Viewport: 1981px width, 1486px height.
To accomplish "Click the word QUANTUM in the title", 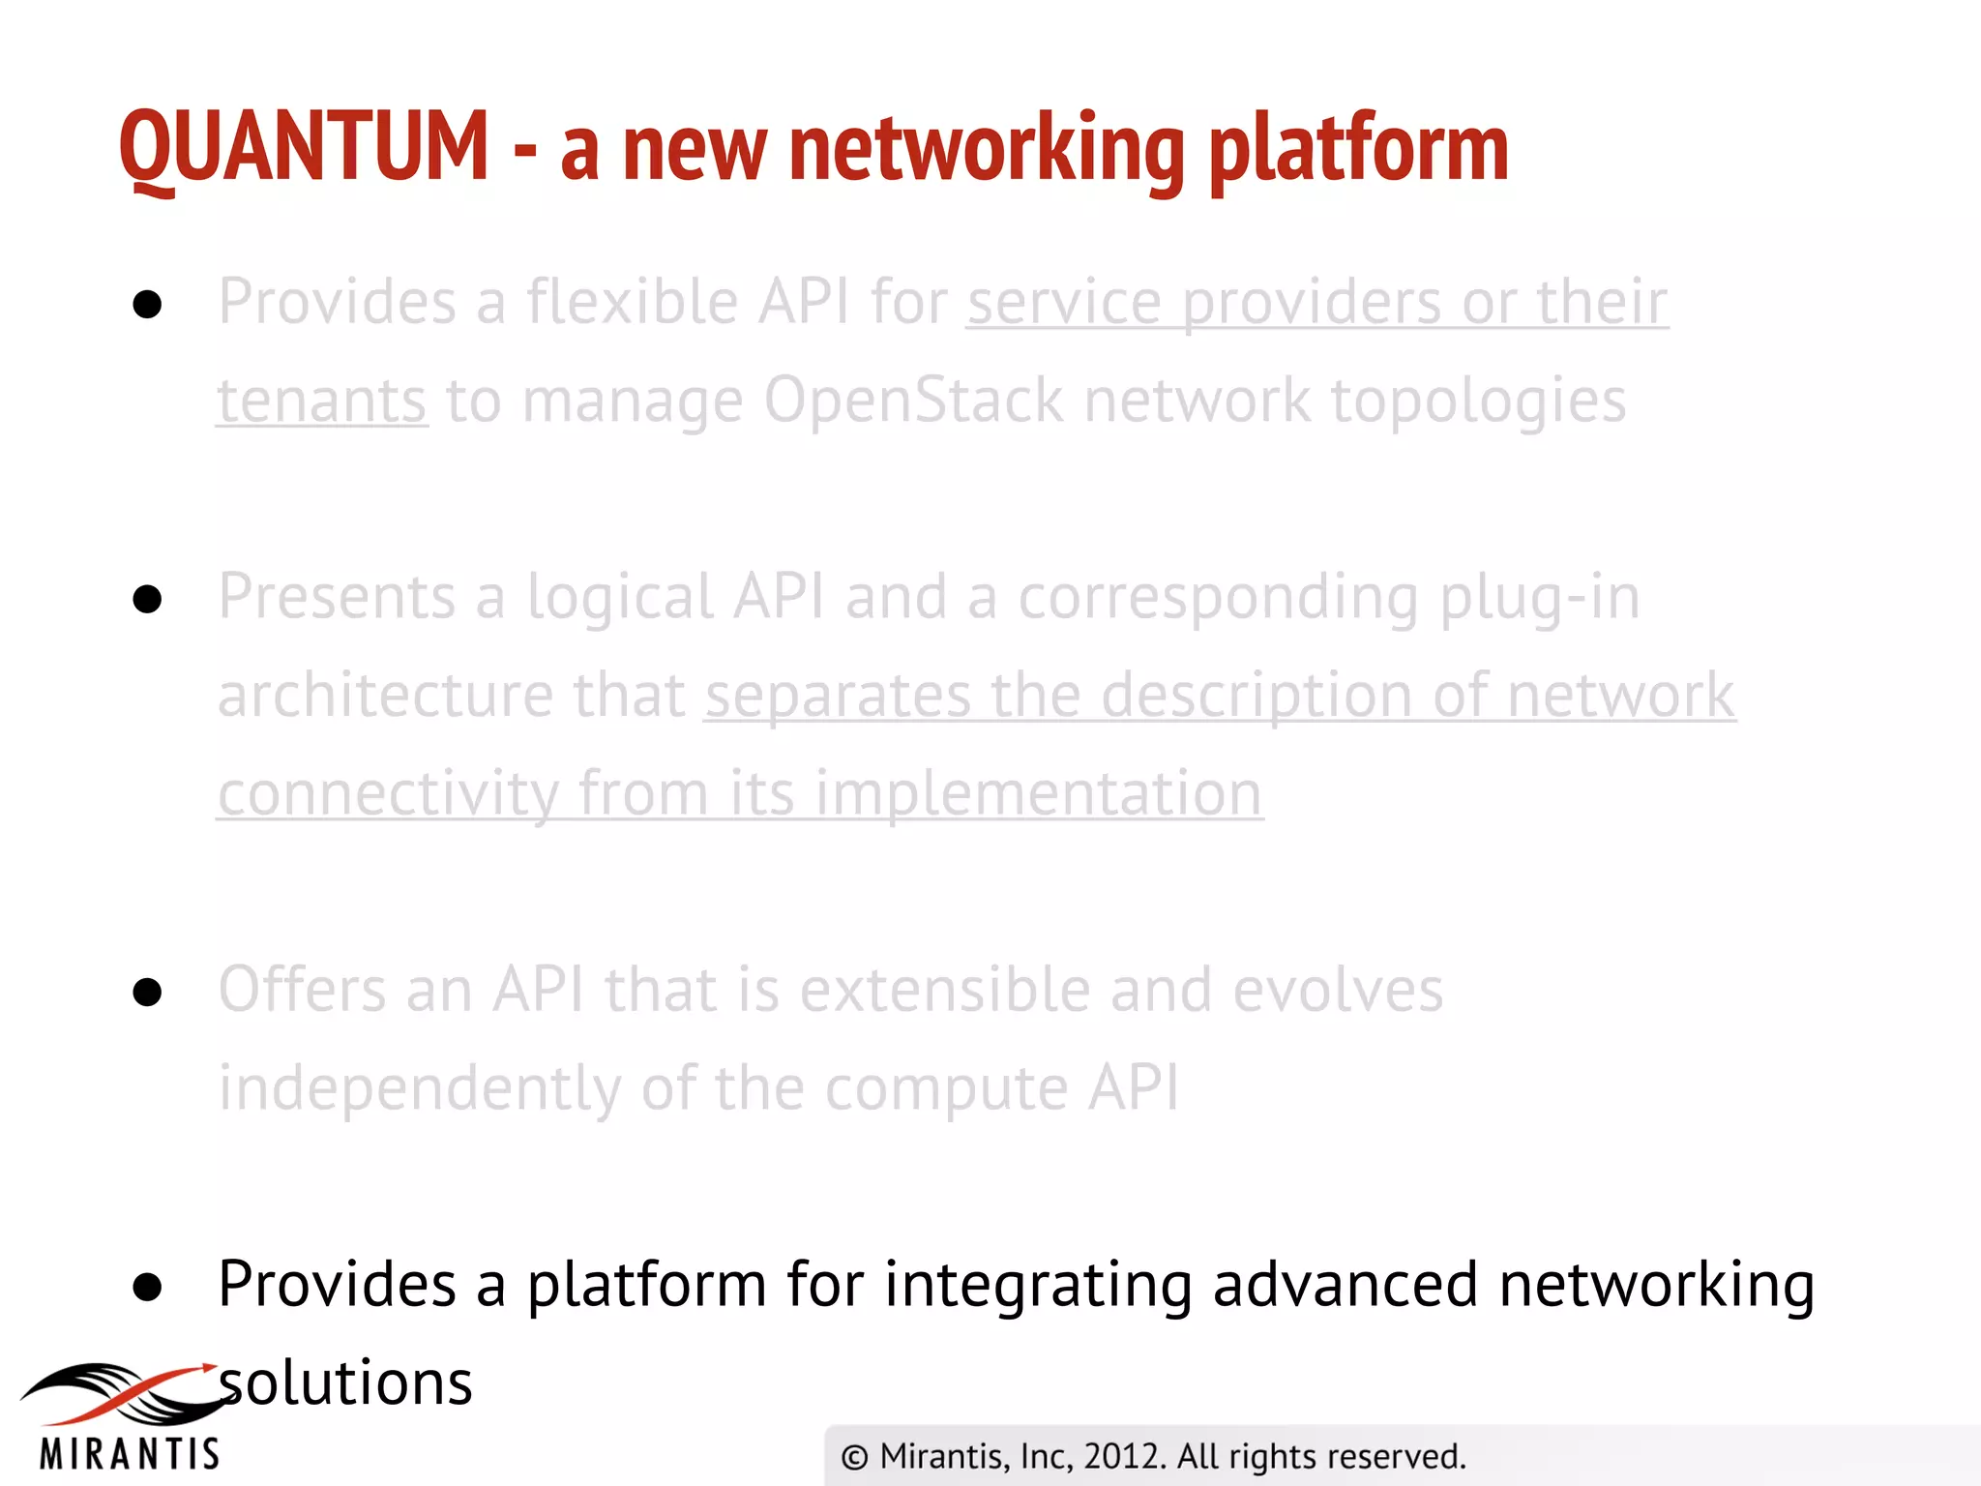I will (304, 147).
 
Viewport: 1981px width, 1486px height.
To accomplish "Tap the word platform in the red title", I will (1358, 150).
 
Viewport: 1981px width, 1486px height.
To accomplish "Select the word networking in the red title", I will (987, 150).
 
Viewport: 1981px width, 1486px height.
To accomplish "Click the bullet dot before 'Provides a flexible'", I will (147, 305).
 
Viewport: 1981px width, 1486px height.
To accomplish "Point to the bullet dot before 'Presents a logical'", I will (147, 600).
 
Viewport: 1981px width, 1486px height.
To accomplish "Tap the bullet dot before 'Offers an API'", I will (147, 992).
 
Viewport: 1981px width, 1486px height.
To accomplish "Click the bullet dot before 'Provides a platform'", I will (147, 1287).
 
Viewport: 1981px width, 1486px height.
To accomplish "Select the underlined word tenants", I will (321, 401).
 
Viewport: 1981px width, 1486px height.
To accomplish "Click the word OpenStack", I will (913, 401).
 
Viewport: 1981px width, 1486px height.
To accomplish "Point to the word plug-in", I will (1539, 597).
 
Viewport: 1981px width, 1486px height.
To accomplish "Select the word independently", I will (419, 1089).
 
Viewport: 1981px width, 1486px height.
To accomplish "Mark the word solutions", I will (345, 1383).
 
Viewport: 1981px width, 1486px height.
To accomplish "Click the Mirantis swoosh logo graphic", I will (121, 1393).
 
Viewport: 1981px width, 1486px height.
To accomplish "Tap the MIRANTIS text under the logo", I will (130, 1454).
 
